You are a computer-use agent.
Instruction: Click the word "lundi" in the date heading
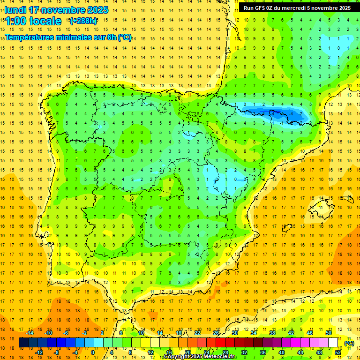point(15,10)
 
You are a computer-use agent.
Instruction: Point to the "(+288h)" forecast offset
point(83,21)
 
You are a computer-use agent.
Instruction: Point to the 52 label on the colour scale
point(338,352)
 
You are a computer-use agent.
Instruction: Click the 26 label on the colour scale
point(216,333)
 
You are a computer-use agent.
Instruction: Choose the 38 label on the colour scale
point(272,333)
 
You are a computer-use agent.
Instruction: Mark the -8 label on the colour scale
point(57,352)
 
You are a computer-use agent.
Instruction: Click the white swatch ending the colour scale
point(333,343)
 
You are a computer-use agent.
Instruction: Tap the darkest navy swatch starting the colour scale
point(23,343)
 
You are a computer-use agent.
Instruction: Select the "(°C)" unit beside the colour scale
point(349,343)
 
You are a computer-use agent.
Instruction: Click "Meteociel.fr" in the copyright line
point(220,357)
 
